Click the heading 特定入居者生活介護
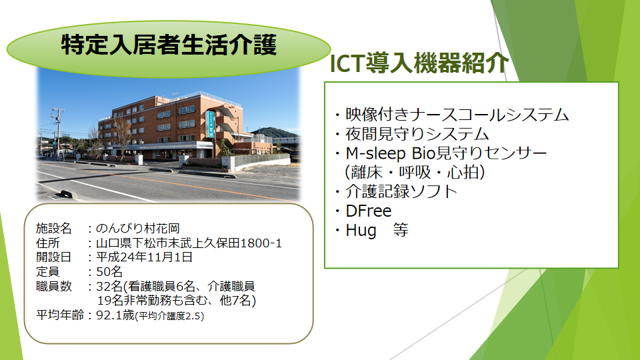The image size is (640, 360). point(169,45)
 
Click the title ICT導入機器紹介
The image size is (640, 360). point(419,63)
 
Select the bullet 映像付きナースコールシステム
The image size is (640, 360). point(457,115)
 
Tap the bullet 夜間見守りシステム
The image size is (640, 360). point(417,134)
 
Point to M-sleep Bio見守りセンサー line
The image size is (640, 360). point(446,153)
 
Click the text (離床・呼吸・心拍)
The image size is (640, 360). point(415,172)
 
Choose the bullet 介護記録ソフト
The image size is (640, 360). point(401,191)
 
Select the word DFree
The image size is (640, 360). point(369,211)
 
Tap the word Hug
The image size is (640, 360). point(361,231)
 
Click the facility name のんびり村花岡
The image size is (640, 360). point(137,229)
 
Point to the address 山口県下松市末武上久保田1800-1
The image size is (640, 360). point(189,243)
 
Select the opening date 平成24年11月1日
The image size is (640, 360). point(144,257)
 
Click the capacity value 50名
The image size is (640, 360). point(109,272)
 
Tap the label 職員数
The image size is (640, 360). point(53,286)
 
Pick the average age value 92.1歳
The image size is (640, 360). point(115,315)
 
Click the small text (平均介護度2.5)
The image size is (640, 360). point(170,316)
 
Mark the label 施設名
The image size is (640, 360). point(53,229)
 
